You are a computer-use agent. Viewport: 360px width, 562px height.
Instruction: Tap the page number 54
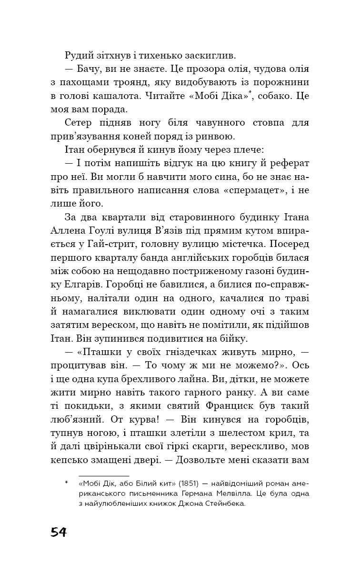click(x=59, y=532)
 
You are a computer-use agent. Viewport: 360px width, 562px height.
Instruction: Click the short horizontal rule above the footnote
click(x=104, y=475)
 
